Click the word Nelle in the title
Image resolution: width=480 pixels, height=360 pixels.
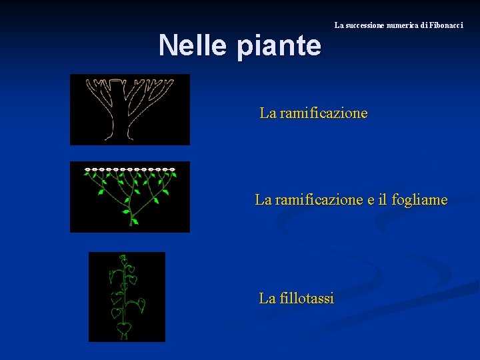pyautogui.click(x=189, y=45)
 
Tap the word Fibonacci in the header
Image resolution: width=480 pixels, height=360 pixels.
pyautogui.click(x=446, y=25)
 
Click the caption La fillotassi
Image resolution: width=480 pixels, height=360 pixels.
pyautogui.click(x=297, y=298)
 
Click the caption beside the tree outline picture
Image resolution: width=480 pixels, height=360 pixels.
pyautogui.click(x=313, y=113)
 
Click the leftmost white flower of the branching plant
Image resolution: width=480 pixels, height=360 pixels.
pyautogui.click(x=87, y=170)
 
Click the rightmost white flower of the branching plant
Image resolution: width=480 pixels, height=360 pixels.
pyautogui.click(x=173, y=170)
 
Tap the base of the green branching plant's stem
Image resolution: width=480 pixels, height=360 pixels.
pyautogui.click(x=133, y=223)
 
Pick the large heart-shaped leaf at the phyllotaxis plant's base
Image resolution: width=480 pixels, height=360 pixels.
pyautogui.click(x=123, y=329)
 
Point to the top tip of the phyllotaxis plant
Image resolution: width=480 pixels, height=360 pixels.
pyautogui.click(x=123, y=257)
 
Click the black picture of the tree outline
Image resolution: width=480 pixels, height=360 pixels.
pyautogui.click(x=130, y=109)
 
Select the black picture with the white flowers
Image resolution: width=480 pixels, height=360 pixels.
pyautogui.click(x=130, y=197)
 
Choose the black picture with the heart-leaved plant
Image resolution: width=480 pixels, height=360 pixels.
pyautogui.click(x=127, y=297)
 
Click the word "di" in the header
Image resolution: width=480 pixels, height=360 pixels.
pyautogui.click(x=425, y=25)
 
